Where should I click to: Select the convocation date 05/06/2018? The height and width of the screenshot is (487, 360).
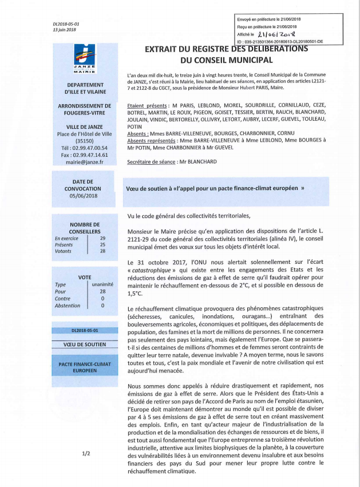point(85,195)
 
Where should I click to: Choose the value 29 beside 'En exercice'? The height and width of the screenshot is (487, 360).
point(103,237)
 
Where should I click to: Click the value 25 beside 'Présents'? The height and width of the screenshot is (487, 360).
point(103,244)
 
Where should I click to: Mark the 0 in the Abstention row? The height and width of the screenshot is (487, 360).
point(103,306)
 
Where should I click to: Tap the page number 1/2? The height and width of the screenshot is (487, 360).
point(86,453)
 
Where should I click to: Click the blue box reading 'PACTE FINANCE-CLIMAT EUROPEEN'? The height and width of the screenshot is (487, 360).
point(85,367)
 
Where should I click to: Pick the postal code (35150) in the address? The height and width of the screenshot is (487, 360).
point(85,140)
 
